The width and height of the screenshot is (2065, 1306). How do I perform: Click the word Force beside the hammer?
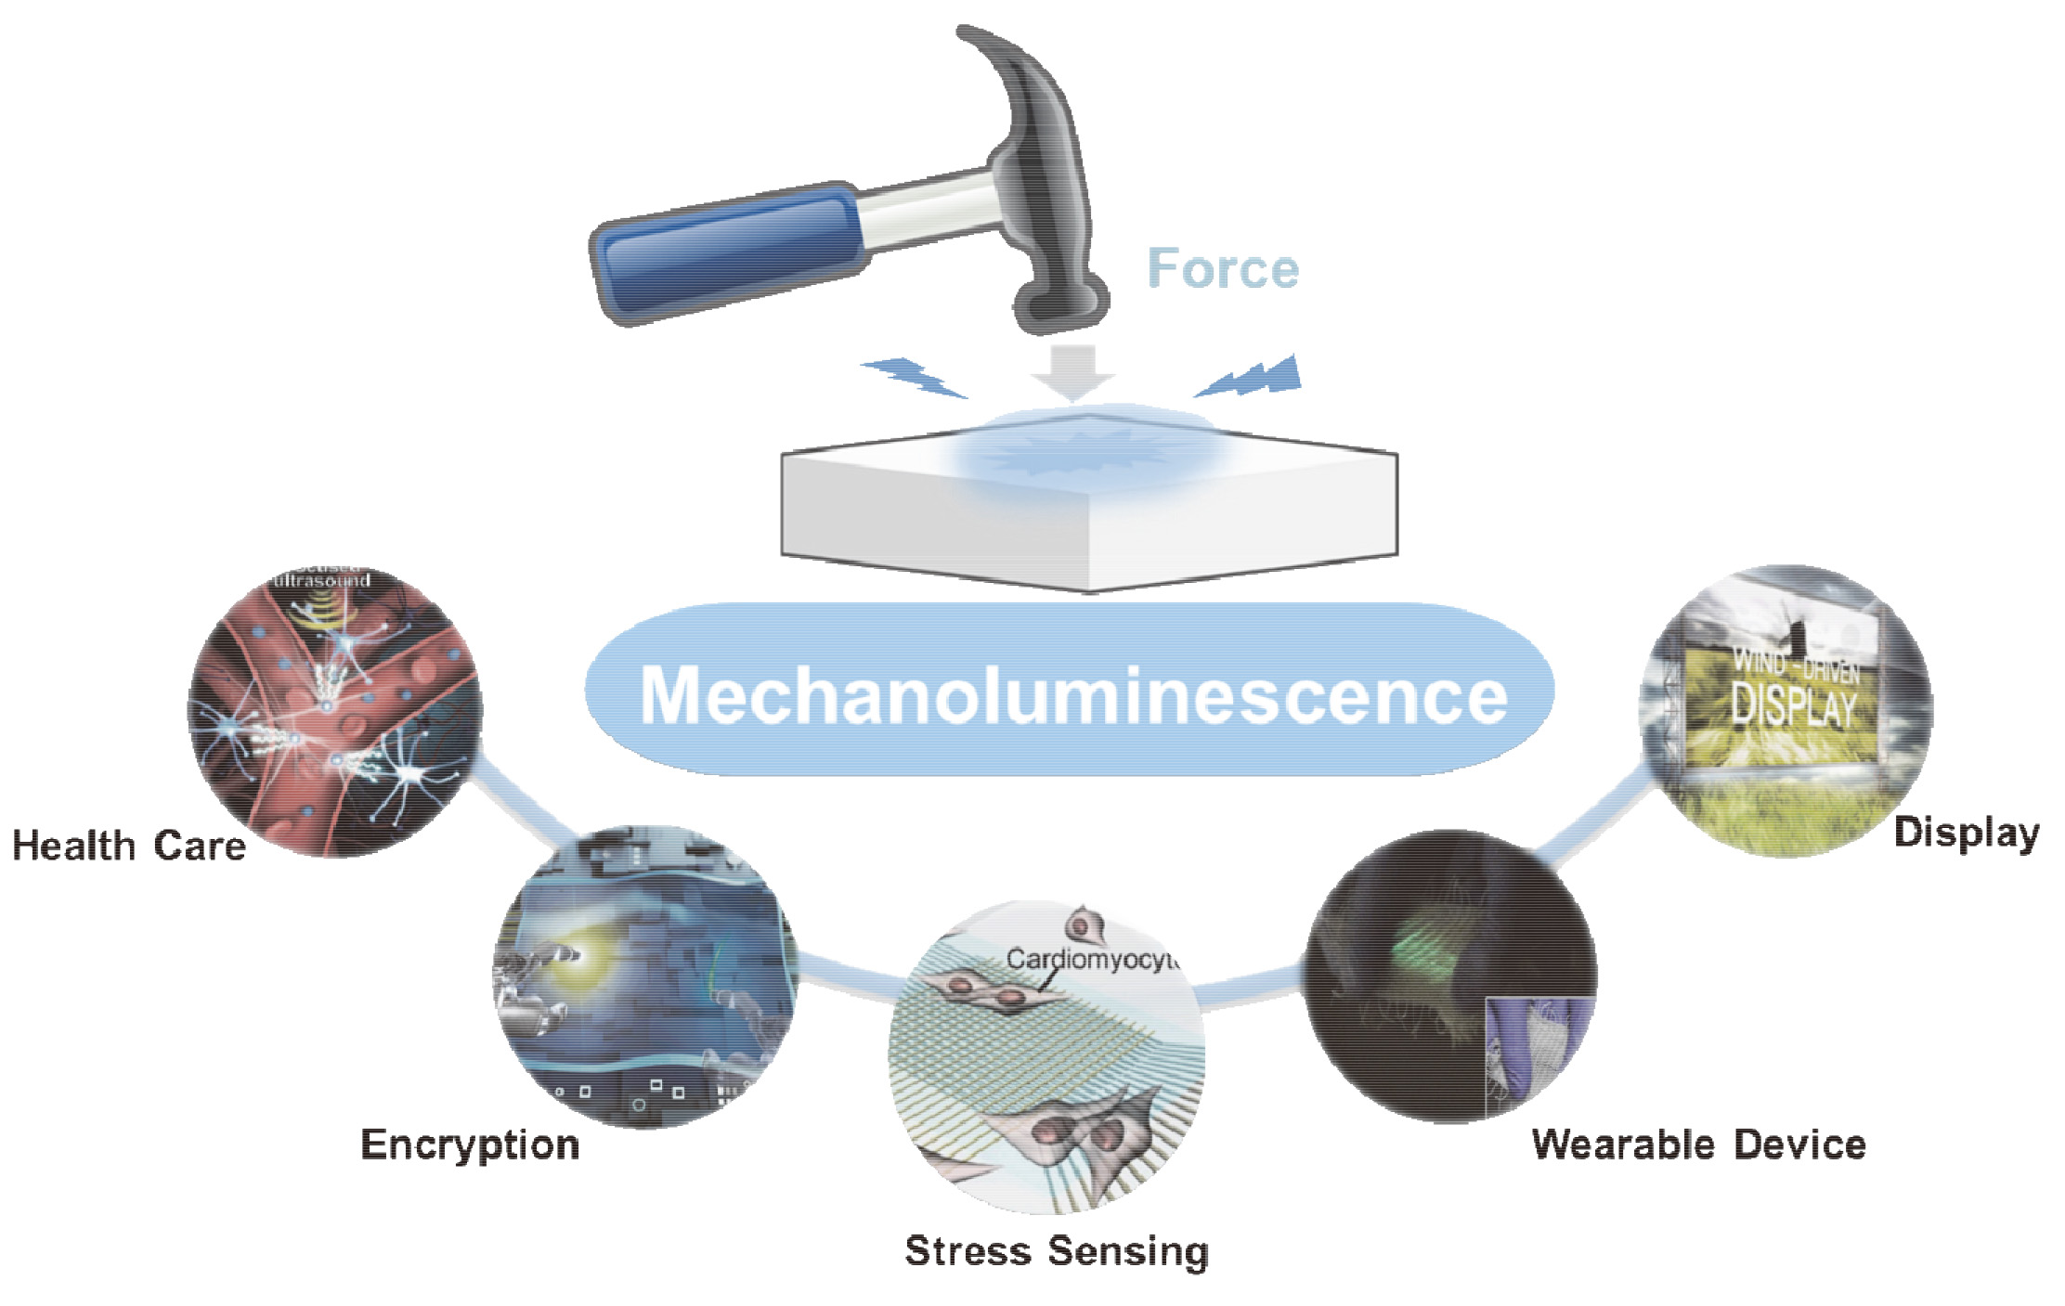[x=1223, y=269]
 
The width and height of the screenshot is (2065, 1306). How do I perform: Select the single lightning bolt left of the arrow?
[x=914, y=377]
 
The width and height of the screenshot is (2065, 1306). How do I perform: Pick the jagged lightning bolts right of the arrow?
[x=1253, y=377]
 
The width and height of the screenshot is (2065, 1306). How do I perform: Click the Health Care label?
[x=128, y=846]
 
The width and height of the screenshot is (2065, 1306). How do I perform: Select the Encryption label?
[x=470, y=1144]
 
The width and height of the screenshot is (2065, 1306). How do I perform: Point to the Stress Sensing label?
[x=1057, y=1250]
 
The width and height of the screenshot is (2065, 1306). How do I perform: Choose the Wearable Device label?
[x=1698, y=1144]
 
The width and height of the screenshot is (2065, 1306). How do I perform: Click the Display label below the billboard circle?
[x=1967, y=833]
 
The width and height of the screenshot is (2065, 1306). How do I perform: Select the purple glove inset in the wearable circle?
[x=1537, y=1049]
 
